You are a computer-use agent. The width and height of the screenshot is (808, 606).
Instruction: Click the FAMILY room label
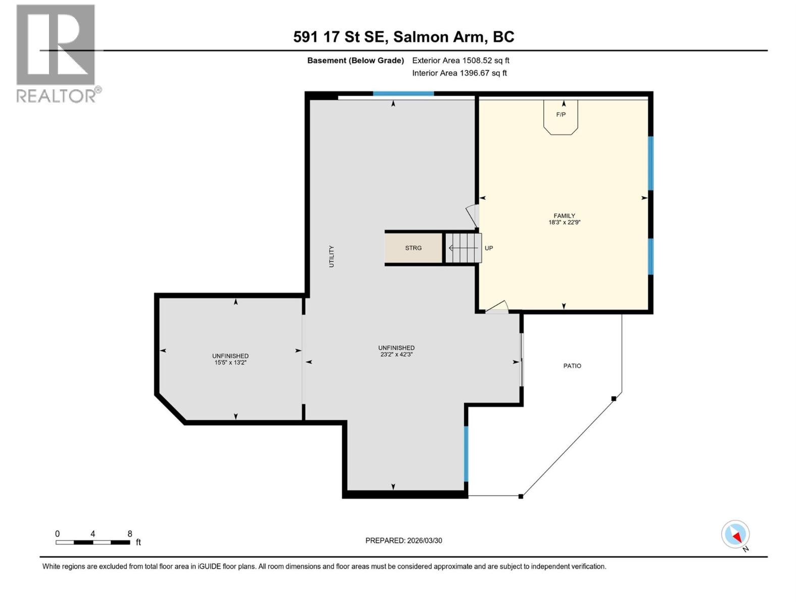pos(564,216)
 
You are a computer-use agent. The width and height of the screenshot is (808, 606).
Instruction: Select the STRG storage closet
pos(414,248)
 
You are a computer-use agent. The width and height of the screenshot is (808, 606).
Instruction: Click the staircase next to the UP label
pos(463,248)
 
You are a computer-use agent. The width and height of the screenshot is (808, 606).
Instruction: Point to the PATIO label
pos(572,366)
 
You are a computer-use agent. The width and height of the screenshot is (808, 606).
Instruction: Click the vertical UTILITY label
pos(332,257)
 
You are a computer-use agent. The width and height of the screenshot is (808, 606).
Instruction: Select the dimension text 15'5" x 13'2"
pos(230,363)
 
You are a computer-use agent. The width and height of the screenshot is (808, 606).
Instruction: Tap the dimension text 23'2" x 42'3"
pos(396,355)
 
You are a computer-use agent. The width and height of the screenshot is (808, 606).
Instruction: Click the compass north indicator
pos(736,535)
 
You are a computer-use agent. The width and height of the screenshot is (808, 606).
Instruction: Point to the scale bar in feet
pos(93,542)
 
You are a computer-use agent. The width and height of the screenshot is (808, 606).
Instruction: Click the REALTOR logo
pos(56,53)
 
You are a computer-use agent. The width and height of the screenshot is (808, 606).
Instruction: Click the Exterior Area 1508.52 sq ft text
pos(461,61)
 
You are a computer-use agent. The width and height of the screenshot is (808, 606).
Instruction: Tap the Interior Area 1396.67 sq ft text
pos(459,73)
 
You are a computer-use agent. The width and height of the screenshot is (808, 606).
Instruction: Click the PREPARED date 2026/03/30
pos(403,540)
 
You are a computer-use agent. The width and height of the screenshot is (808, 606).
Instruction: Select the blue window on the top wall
pos(403,93)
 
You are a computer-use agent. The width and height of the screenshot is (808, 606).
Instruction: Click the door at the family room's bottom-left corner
pos(497,308)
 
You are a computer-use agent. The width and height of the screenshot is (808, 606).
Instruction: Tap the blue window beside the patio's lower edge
pos(466,453)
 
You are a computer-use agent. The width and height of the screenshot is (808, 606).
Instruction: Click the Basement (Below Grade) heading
pos(356,61)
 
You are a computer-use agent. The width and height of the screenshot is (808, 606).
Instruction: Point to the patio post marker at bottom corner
pos(521,496)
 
